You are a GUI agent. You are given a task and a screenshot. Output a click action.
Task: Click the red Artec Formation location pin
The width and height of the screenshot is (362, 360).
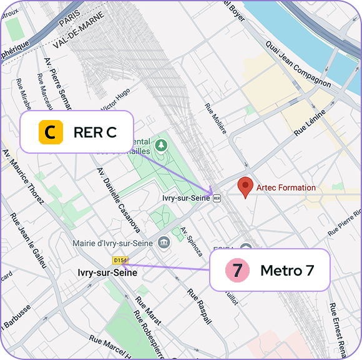pos(247,187)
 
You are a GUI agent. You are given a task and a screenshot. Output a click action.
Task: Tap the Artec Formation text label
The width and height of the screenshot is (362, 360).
pos(286,187)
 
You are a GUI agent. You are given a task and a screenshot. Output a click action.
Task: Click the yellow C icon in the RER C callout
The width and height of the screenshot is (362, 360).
pos(51,132)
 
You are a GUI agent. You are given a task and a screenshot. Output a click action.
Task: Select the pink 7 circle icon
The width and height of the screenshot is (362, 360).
pos(237,271)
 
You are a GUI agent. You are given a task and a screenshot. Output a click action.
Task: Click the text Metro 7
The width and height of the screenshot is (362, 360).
pos(286,271)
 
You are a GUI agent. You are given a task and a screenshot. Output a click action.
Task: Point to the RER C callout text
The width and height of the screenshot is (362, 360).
pos(94,132)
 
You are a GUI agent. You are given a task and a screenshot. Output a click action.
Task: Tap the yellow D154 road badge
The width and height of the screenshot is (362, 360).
pos(120,259)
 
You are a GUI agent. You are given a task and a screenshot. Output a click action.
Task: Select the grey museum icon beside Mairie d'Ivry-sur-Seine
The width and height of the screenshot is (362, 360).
pos(164,242)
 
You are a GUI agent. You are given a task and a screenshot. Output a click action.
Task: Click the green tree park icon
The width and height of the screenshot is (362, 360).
pos(162,146)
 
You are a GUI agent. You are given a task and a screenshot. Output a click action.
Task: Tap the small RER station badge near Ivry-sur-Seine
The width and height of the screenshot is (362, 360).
pos(217,198)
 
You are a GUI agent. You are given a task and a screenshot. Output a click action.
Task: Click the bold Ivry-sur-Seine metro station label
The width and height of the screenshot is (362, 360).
pos(107,272)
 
